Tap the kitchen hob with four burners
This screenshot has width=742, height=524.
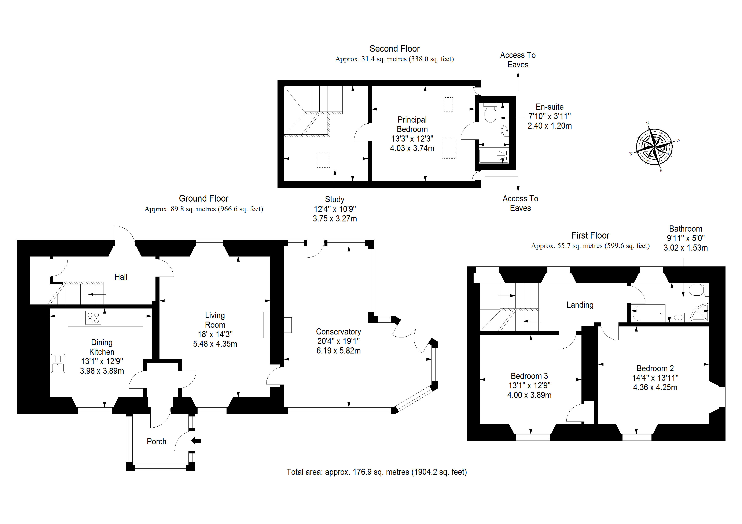tap(93, 317)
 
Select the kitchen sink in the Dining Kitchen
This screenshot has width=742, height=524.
tap(58, 364)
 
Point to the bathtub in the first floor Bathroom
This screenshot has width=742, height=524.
tap(648, 313)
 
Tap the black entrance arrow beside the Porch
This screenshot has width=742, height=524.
tap(196, 440)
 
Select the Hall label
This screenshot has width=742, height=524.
tap(121, 277)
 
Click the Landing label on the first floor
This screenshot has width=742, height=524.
tap(580, 305)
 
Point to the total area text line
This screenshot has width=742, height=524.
tap(376, 472)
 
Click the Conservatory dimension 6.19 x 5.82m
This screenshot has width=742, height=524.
tap(338, 351)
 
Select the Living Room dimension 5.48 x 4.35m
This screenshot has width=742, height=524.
tap(215, 344)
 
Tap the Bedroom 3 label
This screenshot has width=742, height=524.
tap(529, 376)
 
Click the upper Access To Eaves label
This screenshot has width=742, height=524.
tap(518, 60)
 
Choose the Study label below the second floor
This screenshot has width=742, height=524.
tap(334, 199)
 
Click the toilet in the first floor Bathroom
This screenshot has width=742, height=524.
tap(697, 290)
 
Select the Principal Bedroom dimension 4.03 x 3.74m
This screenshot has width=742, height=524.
tap(412, 148)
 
